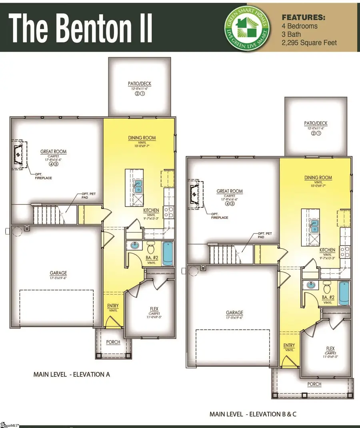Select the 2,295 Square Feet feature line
pos(309,42)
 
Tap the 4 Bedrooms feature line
pos(300,26)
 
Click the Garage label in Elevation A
pos(58,273)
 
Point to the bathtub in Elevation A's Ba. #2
pos(168,254)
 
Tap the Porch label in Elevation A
pos(113,342)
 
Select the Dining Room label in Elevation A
pos(142,138)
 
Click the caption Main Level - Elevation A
pos(72,375)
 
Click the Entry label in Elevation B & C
pos(289,346)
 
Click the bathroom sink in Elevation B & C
pos(311,285)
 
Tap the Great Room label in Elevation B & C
pos(230,191)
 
